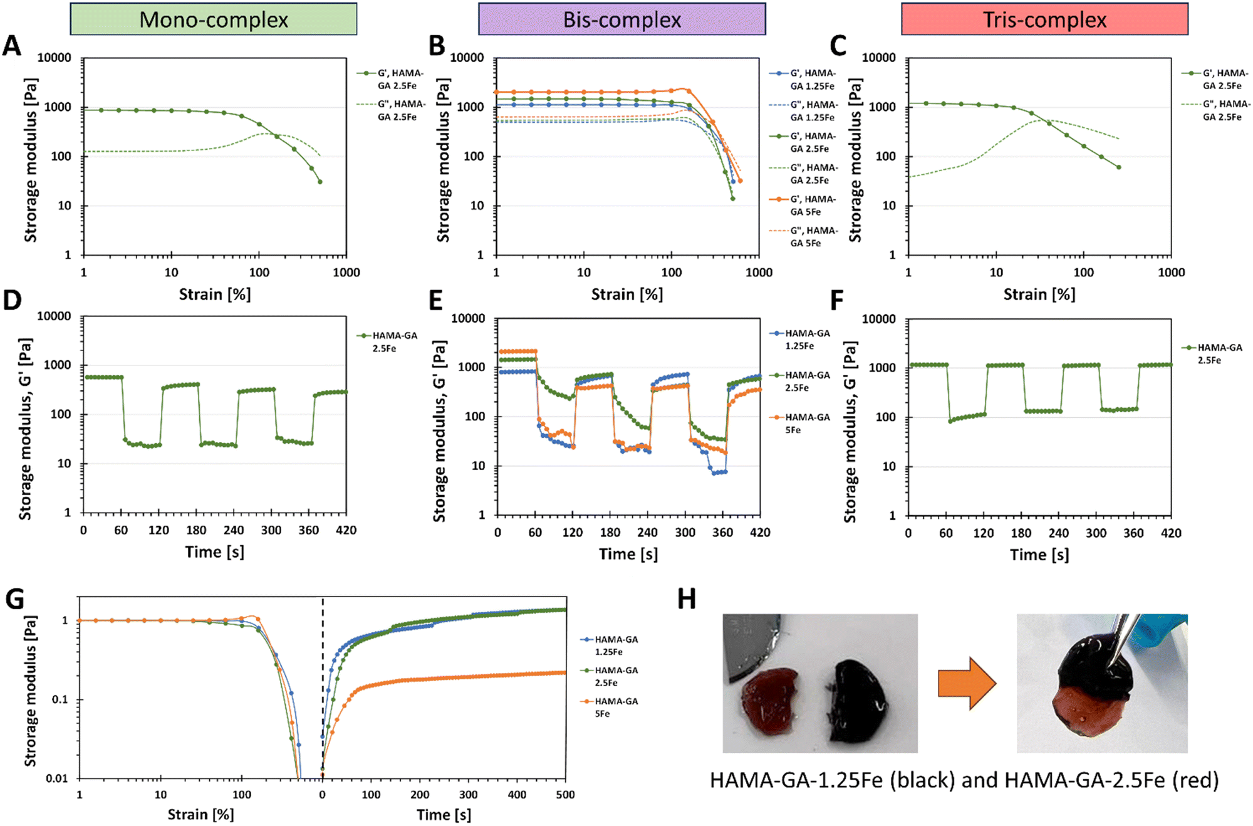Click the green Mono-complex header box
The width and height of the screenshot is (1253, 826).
[214, 19]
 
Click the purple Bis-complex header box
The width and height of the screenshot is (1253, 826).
[622, 19]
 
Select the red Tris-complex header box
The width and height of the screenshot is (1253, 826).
[1044, 19]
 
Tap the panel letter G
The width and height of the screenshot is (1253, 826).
[14, 599]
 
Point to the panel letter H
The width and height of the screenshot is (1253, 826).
[687, 599]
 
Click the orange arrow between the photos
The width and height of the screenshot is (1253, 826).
[967, 683]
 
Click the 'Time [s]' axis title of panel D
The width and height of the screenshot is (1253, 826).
[214, 552]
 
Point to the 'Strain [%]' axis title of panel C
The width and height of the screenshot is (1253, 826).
[1039, 295]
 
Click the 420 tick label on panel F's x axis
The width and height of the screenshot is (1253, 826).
[1171, 533]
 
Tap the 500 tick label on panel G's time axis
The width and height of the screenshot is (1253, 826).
[565, 795]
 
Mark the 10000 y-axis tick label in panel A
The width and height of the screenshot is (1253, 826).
[55, 58]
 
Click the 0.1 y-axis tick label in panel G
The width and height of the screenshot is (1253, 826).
[60, 699]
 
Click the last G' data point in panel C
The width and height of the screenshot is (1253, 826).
[1119, 167]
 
